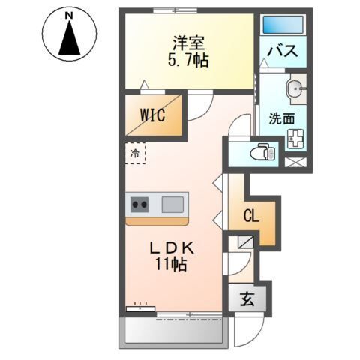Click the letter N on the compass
(68, 15)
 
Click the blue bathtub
(282, 24)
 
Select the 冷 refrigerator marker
(135, 154)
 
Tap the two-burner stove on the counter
(140, 203)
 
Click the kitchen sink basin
(172, 203)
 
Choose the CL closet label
(251, 217)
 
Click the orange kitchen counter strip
(157, 221)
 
